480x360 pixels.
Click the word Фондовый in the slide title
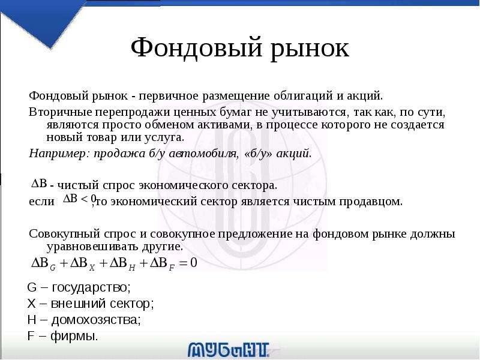coord(197,47)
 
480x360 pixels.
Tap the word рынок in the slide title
coord(310,49)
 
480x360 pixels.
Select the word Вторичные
coord(61,112)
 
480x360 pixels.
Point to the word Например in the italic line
coord(58,154)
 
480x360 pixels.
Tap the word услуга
coord(164,138)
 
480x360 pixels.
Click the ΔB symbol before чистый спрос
coord(40,184)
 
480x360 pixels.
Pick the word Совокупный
coord(65,234)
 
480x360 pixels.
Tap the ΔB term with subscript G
coord(44,263)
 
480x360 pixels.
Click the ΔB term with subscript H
coord(122,263)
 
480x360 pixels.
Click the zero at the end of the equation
coord(193,263)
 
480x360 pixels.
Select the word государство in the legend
coord(92,288)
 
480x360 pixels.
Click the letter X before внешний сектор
coord(32,304)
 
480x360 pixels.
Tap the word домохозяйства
coord(96,320)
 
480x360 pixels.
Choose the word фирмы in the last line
coord(74,337)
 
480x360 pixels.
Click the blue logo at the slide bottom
coord(229,350)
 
